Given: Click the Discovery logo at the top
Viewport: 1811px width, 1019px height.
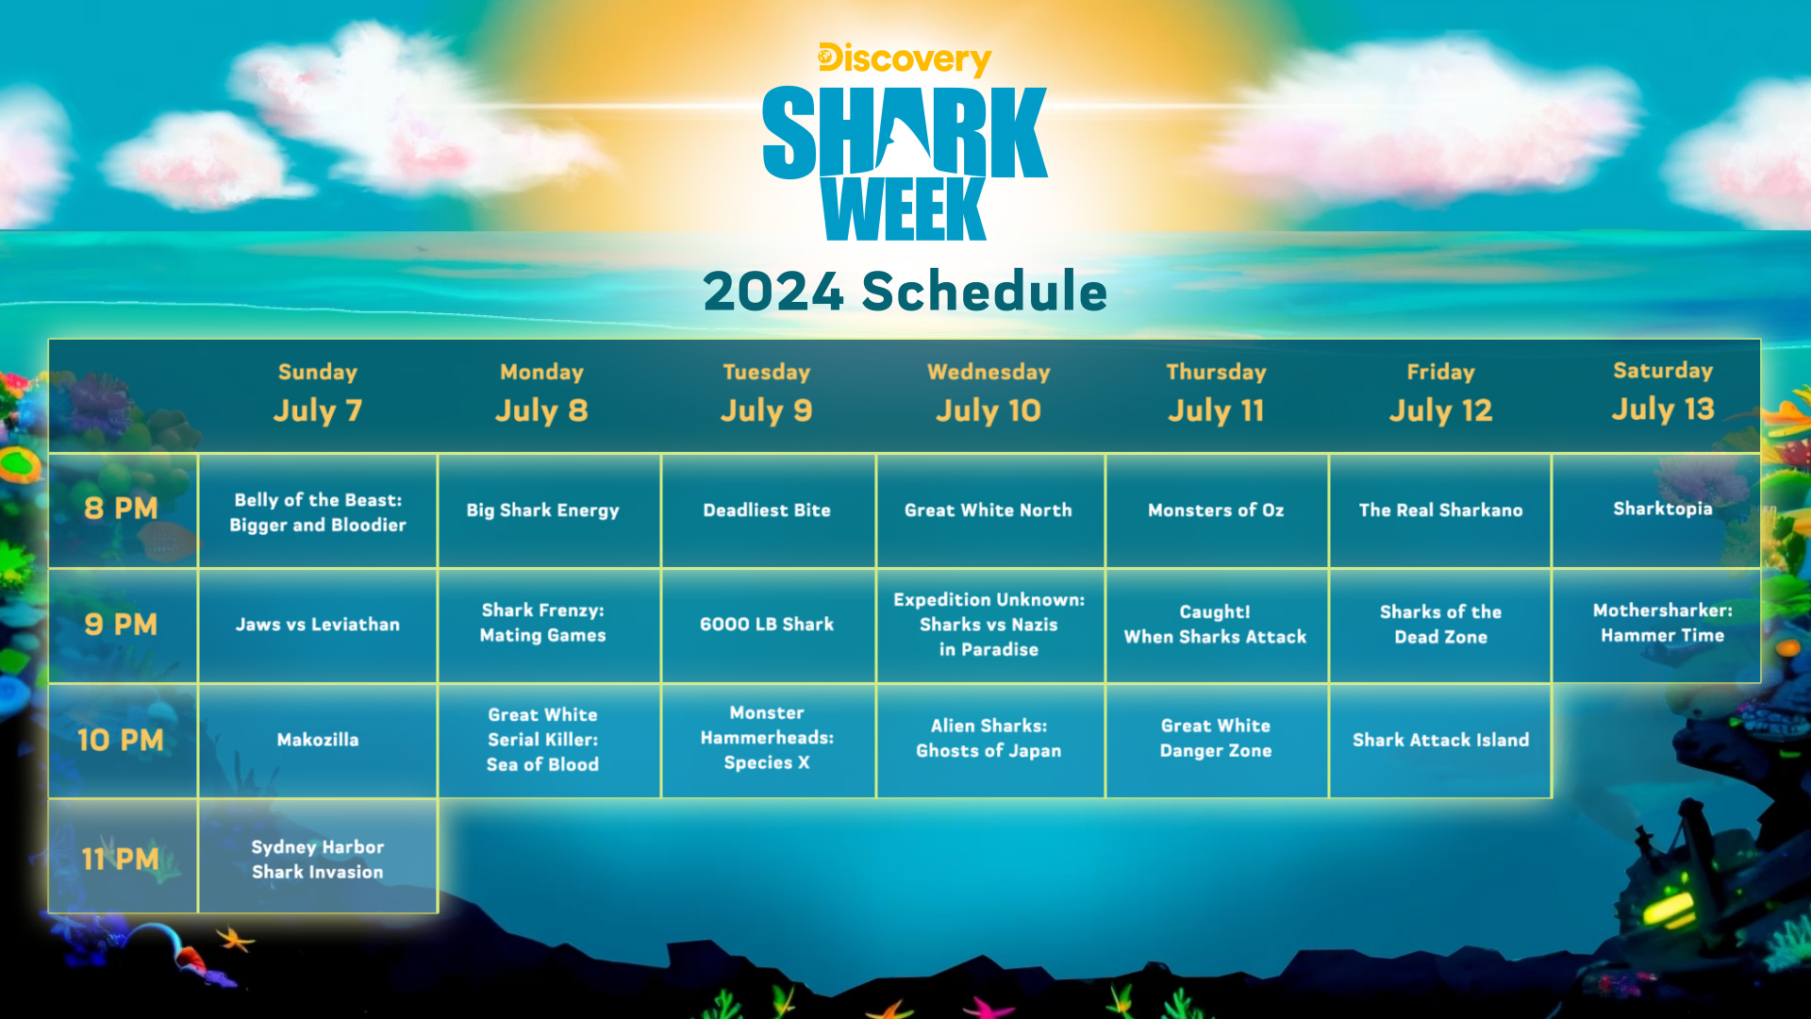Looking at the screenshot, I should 905,59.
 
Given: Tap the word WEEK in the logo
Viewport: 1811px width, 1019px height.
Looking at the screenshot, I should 904,209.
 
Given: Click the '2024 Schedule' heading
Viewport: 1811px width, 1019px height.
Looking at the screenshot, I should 905,291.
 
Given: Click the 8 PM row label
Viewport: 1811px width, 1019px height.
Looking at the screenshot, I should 122,509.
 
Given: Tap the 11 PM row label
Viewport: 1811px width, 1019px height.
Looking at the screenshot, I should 122,859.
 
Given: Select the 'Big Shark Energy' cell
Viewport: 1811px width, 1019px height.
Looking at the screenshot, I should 542,510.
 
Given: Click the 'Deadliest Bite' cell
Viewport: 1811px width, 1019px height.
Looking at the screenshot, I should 767,510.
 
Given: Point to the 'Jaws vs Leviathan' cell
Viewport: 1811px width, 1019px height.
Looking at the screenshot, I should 318,625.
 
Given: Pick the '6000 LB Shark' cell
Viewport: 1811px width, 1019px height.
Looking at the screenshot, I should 767,625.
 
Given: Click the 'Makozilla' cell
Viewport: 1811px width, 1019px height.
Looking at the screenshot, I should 318,741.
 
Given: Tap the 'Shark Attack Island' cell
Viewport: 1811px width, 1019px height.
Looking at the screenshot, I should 1440,741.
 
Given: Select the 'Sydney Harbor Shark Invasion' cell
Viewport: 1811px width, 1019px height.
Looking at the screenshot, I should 318,859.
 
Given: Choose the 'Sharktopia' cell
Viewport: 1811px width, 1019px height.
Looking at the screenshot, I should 1662,509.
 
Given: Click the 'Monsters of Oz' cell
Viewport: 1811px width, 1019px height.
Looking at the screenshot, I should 1216,510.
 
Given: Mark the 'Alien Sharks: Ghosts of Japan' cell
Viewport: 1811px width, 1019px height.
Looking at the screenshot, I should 989,739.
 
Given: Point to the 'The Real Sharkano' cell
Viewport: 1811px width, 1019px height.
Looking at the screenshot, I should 1440,510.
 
